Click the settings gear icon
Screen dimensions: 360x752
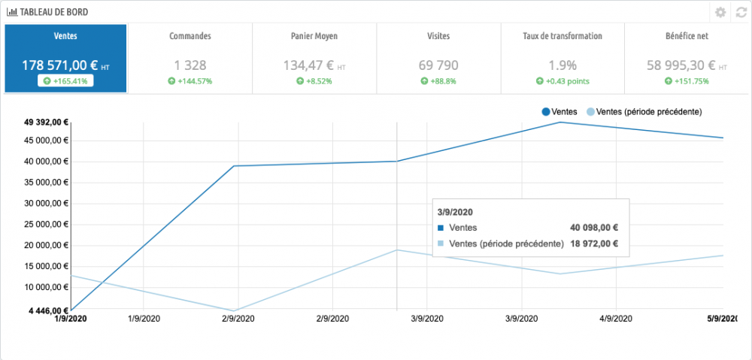click(x=720, y=12)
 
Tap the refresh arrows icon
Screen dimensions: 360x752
click(x=741, y=12)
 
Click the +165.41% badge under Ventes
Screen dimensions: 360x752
click(x=66, y=80)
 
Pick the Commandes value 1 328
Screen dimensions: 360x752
click(x=190, y=65)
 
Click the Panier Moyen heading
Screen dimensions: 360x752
click(x=314, y=36)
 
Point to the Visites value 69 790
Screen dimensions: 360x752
click(x=438, y=65)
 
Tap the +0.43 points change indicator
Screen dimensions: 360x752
click(x=562, y=80)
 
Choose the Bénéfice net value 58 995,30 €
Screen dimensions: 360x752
click(x=680, y=65)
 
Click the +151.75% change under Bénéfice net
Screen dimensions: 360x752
click(x=687, y=80)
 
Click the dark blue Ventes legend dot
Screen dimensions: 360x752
click(x=546, y=112)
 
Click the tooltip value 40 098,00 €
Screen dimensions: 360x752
click(x=594, y=228)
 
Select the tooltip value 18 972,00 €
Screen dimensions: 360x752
click(x=594, y=244)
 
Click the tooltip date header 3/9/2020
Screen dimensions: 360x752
click(x=455, y=212)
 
